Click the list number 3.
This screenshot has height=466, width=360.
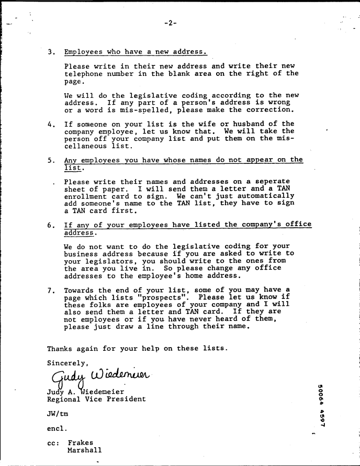(51, 52)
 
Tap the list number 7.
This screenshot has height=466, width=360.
(51, 290)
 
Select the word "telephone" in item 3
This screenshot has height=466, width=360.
(84, 74)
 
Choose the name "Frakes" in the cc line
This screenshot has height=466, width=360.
(80, 442)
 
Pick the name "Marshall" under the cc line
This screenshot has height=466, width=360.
(84, 450)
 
